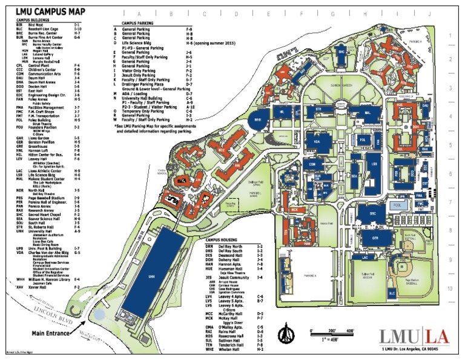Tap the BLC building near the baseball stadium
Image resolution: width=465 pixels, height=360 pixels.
[x=392, y=293]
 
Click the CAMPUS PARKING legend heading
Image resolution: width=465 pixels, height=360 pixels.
[x=139, y=22]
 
